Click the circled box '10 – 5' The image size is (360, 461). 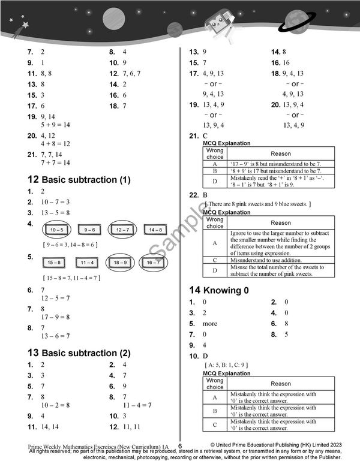(x=58, y=230)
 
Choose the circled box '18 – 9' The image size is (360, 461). (x=121, y=263)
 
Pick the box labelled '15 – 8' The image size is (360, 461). (x=54, y=263)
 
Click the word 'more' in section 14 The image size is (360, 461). (x=210, y=324)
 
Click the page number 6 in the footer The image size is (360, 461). (x=179, y=446)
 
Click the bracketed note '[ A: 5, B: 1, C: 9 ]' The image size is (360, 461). (x=226, y=364)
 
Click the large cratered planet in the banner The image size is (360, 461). (x=113, y=19)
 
